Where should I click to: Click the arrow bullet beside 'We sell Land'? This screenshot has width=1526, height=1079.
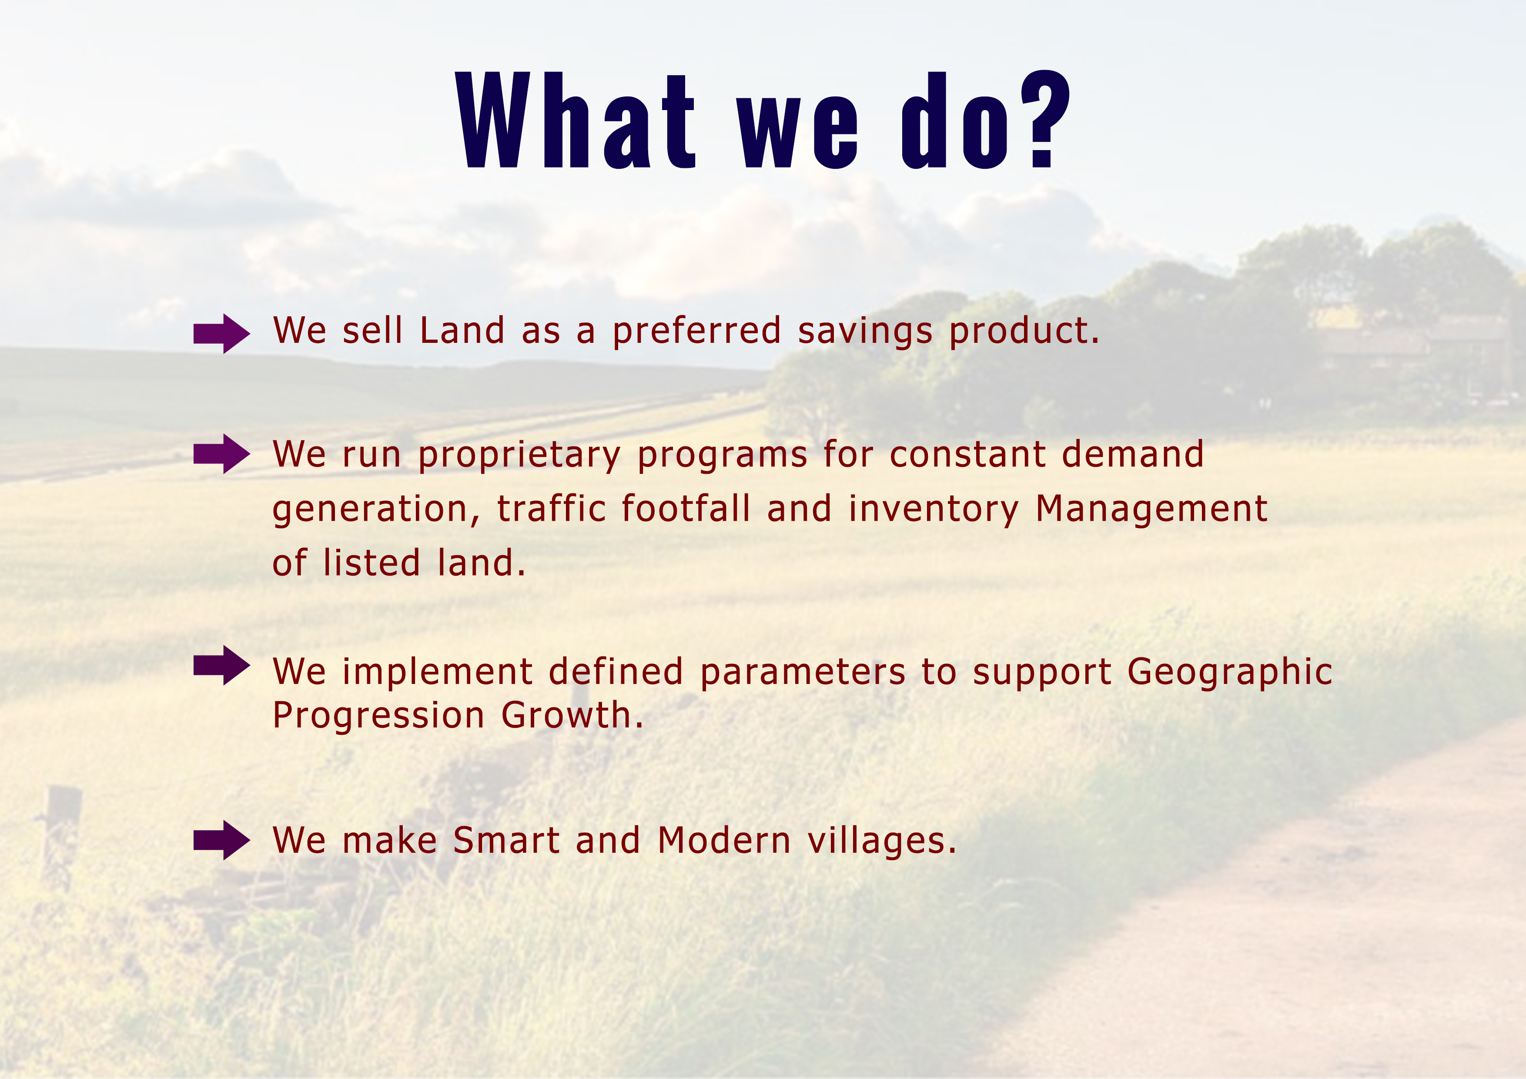click(x=221, y=334)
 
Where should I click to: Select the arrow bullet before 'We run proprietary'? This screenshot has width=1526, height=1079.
click(x=221, y=454)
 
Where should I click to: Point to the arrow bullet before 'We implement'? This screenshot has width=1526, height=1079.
click(x=221, y=666)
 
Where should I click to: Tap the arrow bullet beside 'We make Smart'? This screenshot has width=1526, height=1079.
click(x=221, y=840)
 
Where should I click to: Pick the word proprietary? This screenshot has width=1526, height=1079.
click(x=519, y=456)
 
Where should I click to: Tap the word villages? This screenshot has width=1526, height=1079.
click(x=882, y=841)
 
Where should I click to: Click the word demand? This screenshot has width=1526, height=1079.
click(x=1132, y=454)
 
